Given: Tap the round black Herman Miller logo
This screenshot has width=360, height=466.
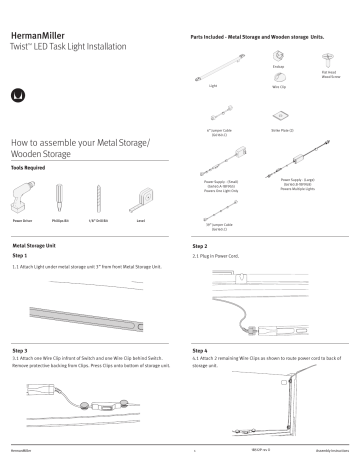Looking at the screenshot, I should tap(18, 96).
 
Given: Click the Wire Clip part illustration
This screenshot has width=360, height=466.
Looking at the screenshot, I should tap(278, 80).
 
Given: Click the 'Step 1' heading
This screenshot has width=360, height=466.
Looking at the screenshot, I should tap(20, 255).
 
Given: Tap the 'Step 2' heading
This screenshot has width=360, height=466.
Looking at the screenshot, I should tap(200, 245).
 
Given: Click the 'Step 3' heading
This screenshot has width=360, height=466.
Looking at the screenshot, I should tap(20, 351).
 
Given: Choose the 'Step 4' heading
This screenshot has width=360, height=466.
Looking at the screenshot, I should tap(200, 351).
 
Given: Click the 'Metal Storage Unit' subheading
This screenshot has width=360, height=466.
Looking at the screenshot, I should tap(36, 244).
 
